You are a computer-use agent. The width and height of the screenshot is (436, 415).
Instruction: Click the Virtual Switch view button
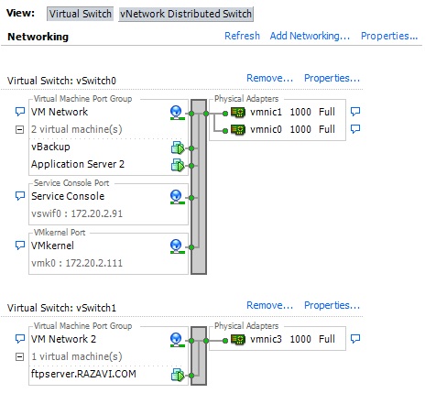(x=80, y=14)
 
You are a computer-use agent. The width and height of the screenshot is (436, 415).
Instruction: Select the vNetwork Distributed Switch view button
(x=186, y=14)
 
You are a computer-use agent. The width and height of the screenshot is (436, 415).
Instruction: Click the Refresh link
(x=242, y=36)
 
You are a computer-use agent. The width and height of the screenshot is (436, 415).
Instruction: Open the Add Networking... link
(x=310, y=36)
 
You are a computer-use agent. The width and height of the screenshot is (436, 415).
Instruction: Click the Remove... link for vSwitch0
(x=269, y=78)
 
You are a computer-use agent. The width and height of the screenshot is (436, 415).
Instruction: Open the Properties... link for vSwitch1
(x=332, y=305)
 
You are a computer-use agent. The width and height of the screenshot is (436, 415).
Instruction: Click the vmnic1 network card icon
(x=238, y=113)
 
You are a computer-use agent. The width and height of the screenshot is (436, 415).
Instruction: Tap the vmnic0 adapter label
(x=266, y=129)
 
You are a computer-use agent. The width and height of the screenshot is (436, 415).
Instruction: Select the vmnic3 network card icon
(x=238, y=340)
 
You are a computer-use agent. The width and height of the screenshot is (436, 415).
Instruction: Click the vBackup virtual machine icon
(x=178, y=147)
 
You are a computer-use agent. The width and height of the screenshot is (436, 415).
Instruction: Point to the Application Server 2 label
(x=78, y=164)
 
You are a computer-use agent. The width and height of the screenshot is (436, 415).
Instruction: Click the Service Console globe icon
(x=177, y=197)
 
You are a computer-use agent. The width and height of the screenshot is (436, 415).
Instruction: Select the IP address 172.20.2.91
(x=97, y=213)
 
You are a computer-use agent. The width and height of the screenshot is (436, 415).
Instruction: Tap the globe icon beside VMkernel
(x=177, y=246)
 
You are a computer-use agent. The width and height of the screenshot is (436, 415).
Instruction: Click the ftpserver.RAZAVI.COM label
(x=83, y=374)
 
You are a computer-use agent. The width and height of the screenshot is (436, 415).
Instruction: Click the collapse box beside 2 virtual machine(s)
(x=19, y=130)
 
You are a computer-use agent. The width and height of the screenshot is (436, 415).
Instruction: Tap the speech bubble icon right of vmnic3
(x=355, y=339)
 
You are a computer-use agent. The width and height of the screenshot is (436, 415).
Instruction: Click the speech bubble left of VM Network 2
(x=20, y=339)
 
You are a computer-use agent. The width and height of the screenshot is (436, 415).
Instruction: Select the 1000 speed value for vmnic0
(x=300, y=129)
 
